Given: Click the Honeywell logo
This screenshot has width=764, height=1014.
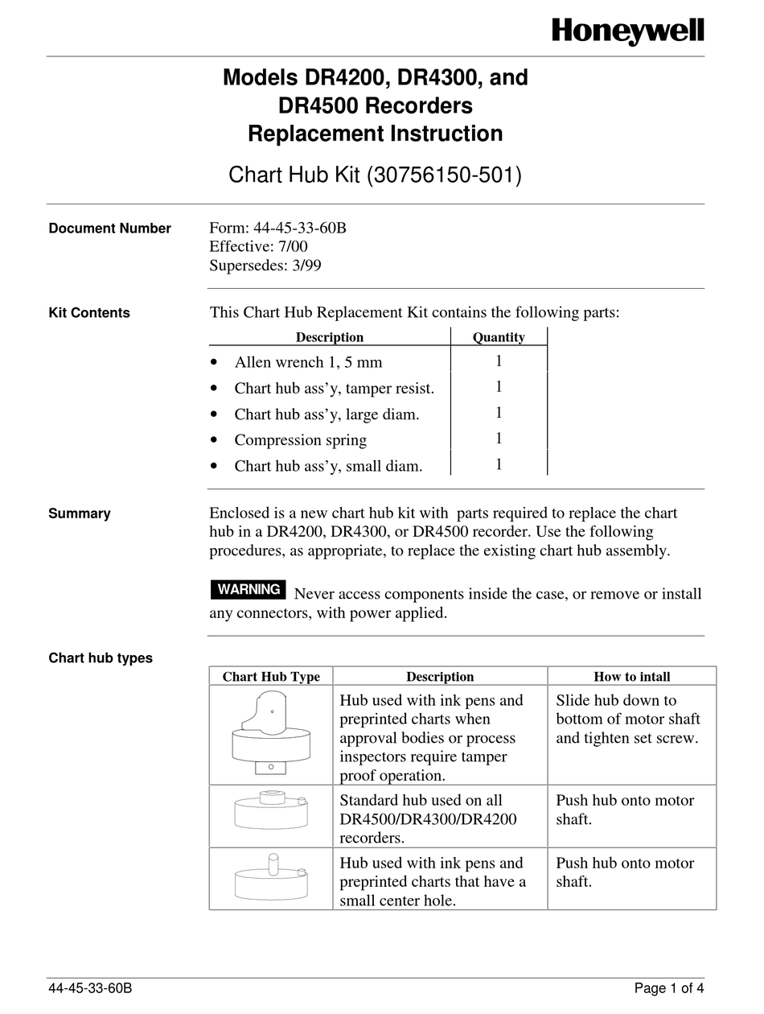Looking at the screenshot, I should click(x=627, y=31).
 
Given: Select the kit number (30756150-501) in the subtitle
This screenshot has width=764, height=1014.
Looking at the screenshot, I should click(x=444, y=175).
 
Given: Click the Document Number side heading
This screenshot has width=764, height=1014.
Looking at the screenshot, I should click(x=109, y=229).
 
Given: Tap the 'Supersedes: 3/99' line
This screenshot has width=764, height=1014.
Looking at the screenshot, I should click(x=265, y=266).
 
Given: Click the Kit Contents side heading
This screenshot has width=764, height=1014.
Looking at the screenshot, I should click(x=89, y=313).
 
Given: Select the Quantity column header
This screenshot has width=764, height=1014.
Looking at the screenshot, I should click(x=499, y=337).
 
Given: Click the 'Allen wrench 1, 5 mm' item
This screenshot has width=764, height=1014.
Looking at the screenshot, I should click(x=308, y=362).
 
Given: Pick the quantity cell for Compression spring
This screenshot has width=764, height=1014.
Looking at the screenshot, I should click(x=499, y=439).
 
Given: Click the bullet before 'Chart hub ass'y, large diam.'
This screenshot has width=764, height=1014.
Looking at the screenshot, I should click(x=213, y=414).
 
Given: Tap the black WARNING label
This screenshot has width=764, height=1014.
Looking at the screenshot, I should click(x=249, y=589).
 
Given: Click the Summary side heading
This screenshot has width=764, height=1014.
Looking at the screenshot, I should click(x=80, y=513).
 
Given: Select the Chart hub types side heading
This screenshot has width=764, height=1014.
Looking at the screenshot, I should click(x=101, y=658).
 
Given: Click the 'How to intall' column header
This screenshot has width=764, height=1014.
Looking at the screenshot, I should click(x=631, y=677).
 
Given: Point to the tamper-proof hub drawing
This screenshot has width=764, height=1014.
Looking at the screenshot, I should click(x=270, y=735).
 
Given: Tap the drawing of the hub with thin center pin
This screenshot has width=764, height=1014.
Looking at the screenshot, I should click(x=270, y=876).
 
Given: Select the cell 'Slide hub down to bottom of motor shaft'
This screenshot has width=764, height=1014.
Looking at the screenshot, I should click(x=627, y=719).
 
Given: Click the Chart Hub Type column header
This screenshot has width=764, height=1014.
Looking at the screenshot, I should click(x=271, y=677).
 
